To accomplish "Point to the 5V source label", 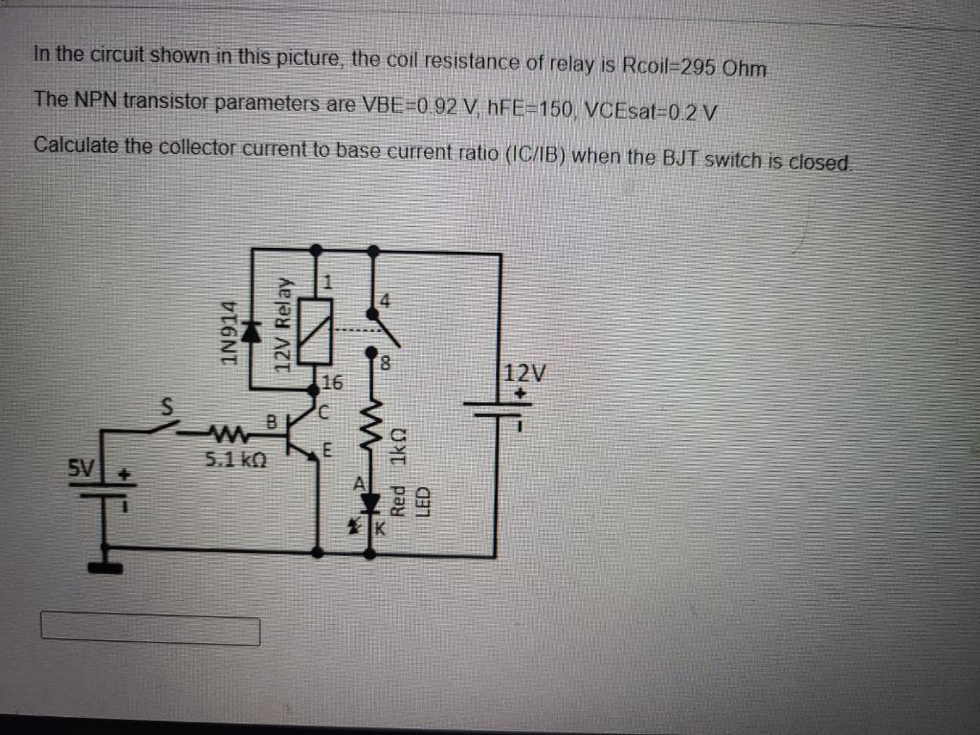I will tap(83, 470).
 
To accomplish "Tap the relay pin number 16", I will tap(332, 385).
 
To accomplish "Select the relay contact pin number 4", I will tap(386, 300).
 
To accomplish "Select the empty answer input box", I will tap(150, 631).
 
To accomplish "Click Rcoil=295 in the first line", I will tap(680, 68).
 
